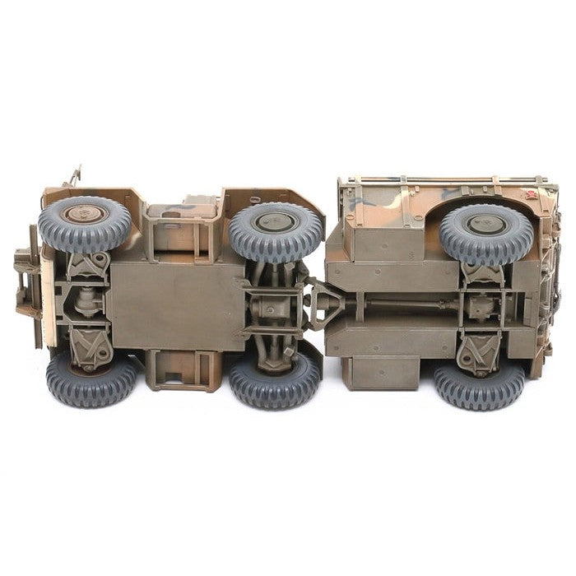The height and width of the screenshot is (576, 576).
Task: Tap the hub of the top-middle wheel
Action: click(x=276, y=222)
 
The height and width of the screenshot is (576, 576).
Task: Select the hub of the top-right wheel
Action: click(x=485, y=224)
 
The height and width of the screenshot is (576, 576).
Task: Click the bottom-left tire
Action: click(x=91, y=380)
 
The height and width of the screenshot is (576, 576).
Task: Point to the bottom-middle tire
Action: click(x=275, y=380)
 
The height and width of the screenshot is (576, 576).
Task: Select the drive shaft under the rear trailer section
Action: click(x=395, y=304)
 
